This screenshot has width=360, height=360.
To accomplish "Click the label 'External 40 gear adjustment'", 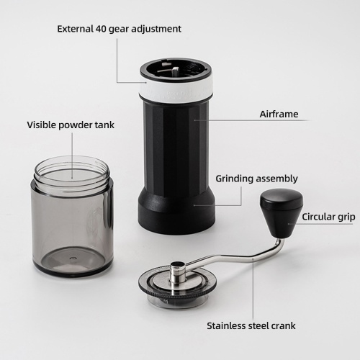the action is point(119,29).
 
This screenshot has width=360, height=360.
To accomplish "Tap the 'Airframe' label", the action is point(279,114).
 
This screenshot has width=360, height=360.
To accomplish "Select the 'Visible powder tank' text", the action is point(71,125).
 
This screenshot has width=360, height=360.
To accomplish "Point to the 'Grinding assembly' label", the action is point(256,179).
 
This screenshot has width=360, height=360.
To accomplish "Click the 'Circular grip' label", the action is point(328,217).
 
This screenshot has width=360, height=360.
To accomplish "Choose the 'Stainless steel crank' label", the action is point(251,325).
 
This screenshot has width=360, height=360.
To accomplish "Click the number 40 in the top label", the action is point(101,29).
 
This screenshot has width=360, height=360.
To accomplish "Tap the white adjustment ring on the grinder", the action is point(176,91).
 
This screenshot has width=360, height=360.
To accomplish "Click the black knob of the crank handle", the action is point(282,212).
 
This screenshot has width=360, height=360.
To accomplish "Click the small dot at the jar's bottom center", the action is point(73,258).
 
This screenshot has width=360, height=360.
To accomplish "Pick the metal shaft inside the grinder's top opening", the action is point(175,71).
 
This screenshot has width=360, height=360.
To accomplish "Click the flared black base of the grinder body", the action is point(176,210).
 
